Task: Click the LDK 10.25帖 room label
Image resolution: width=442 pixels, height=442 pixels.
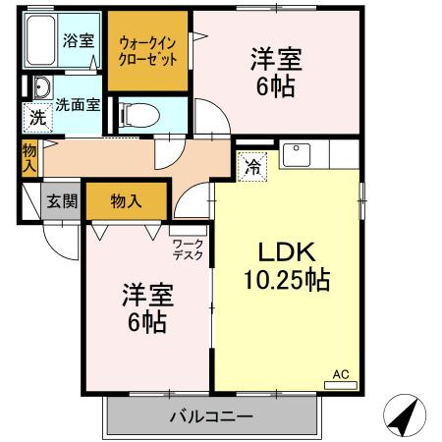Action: [286, 265]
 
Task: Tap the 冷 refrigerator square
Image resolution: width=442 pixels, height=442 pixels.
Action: [251, 167]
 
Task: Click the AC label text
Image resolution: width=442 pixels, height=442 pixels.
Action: [341, 374]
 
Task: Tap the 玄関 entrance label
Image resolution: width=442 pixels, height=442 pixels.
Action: [63, 201]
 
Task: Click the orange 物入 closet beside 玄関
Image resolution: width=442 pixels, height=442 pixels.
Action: [126, 200]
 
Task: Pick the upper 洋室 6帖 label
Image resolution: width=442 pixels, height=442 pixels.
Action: [276, 70]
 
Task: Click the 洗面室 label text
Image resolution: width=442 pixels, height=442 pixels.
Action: [77, 102]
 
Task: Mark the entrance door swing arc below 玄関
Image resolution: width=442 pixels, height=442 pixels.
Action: [61, 240]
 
